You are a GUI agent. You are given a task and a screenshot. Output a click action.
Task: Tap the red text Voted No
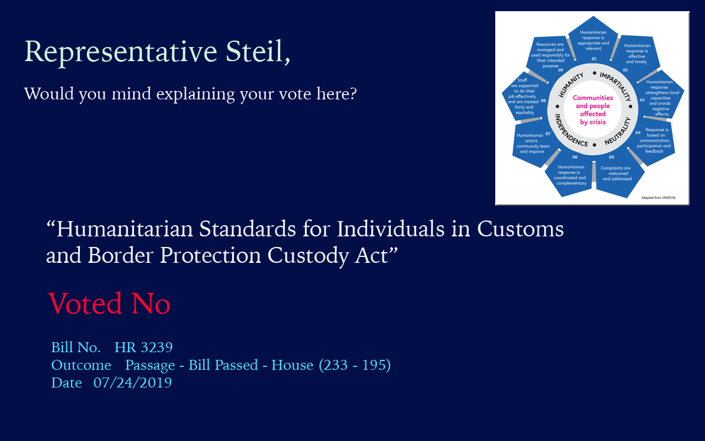(109, 303)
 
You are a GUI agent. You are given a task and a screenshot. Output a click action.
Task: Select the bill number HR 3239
(143, 347)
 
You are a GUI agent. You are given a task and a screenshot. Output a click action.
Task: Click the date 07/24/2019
(133, 383)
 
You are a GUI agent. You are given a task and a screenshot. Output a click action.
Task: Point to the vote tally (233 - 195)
(355, 365)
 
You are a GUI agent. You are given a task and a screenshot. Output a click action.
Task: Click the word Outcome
(81, 365)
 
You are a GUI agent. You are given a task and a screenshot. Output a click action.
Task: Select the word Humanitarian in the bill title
(125, 229)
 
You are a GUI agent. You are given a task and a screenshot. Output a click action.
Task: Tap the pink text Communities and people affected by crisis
(593, 110)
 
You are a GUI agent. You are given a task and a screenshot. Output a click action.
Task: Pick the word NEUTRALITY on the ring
(618, 131)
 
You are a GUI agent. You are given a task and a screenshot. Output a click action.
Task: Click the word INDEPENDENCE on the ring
(570, 131)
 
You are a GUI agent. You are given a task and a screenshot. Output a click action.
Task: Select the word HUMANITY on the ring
(570, 85)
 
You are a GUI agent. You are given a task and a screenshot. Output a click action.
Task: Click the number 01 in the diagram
(593, 59)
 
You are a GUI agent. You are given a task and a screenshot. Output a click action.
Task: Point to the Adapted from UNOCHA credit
(658, 198)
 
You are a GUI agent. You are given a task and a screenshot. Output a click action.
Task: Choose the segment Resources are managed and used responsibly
(550, 55)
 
